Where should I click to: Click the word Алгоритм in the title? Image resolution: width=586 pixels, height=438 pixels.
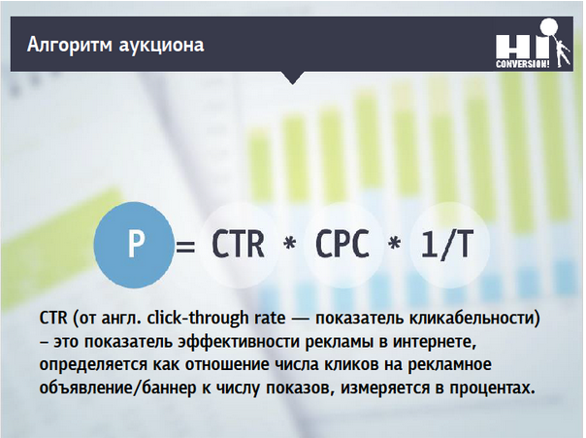(70, 45)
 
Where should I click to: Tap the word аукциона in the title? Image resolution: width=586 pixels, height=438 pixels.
(161, 46)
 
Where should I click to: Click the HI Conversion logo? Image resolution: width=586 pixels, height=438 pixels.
(533, 44)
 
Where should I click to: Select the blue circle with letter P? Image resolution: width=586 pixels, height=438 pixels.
(134, 245)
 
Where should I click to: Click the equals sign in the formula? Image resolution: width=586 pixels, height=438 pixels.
(185, 246)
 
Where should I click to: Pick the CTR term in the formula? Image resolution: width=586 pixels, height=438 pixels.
(238, 244)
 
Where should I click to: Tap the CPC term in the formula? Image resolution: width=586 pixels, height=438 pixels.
(342, 244)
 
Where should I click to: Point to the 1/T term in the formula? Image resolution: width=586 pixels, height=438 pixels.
(447, 244)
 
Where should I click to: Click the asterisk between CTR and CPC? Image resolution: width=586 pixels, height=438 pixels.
(290, 244)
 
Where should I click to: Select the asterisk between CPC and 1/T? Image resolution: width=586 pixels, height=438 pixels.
(394, 244)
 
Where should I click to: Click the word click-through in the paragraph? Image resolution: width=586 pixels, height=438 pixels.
(197, 319)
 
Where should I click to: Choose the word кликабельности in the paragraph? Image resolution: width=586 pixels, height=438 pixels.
(474, 319)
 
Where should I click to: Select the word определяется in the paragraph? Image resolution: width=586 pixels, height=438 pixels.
(93, 365)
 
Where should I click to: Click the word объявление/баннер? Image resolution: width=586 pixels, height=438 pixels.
(117, 387)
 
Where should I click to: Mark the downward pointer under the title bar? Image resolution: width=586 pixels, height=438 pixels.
(293, 78)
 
